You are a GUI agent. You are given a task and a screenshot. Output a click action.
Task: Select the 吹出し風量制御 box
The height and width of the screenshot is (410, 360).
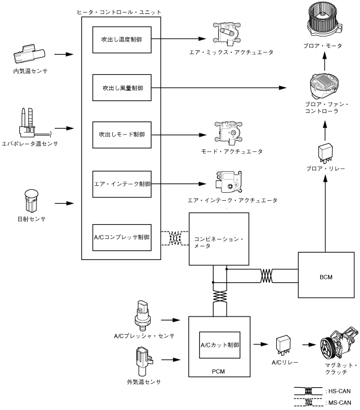[122, 88]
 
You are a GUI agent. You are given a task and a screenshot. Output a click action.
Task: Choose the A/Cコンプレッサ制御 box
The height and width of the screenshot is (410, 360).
[122, 236]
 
